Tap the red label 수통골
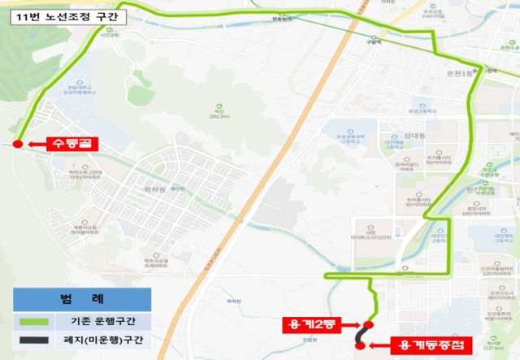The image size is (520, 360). (x=72, y=145)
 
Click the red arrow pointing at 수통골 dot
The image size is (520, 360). (x=37, y=145)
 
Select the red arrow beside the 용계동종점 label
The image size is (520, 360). (x=379, y=345)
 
